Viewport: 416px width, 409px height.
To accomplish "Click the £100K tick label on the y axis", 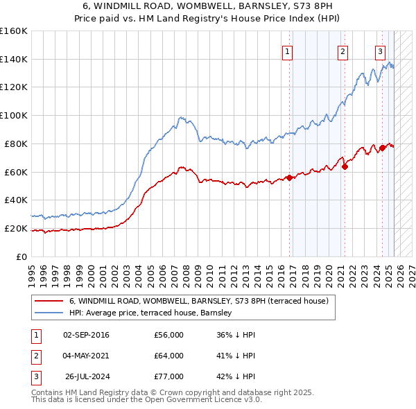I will pyautogui.click(x=13, y=115).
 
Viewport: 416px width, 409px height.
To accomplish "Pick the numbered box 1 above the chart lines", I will pyautogui.click(x=287, y=50).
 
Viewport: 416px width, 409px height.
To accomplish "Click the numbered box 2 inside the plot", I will pyautogui.click(x=343, y=50).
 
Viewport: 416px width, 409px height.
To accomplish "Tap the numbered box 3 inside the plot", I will pyautogui.click(x=381, y=50).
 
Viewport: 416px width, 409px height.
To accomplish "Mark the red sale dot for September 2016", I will pyautogui.click(x=289, y=177).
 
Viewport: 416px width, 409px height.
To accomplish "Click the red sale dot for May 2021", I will pyautogui.click(x=345, y=166).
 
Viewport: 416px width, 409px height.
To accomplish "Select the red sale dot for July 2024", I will pyautogui.click(x=383, y=148).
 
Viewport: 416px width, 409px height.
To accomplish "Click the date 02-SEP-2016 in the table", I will pyautogui.click(x=86, y=335).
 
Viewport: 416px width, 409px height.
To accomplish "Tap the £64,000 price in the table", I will pyautogui.click(x=168, y=356).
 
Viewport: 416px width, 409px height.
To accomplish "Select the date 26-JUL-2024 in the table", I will pyautogui.click(x=86, y=376).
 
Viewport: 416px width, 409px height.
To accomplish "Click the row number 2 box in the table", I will pyautogui.click(x=35, y=356).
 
